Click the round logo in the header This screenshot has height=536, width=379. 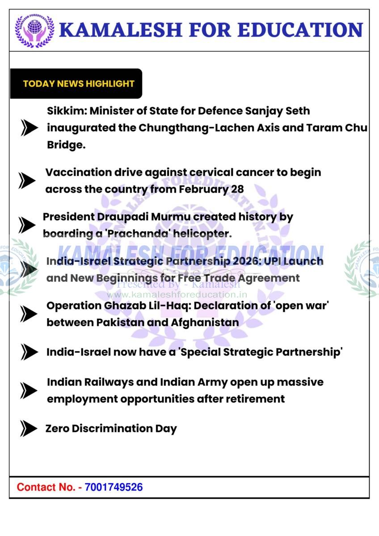click(34, 30)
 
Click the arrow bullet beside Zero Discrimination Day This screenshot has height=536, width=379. click(29, 429)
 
